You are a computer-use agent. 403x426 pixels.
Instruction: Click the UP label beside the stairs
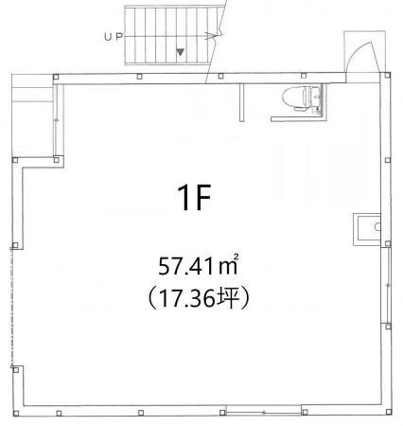(113, 37)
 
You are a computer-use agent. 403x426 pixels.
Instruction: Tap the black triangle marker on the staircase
(180, 52)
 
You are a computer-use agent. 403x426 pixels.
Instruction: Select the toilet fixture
(301, 98)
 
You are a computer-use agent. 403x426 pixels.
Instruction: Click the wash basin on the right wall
(367, 229)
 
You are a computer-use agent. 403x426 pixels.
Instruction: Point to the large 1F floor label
(194, 198)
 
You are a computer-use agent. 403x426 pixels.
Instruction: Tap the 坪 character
(227, 299)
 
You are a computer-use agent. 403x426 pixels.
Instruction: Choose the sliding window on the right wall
(387, 285)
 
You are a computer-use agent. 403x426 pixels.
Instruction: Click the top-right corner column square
(388, 75)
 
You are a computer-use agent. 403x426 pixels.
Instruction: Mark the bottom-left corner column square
(16, 414)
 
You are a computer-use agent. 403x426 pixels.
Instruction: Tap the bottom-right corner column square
(388, 412)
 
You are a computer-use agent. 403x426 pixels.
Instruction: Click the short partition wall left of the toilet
(241, 102)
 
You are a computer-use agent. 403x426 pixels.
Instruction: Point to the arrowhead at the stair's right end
(211, 36)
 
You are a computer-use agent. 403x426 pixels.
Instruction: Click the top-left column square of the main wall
(56, 77)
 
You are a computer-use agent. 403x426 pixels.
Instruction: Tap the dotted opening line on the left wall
(12, 308)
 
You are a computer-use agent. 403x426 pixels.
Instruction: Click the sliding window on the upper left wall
(57, 120)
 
